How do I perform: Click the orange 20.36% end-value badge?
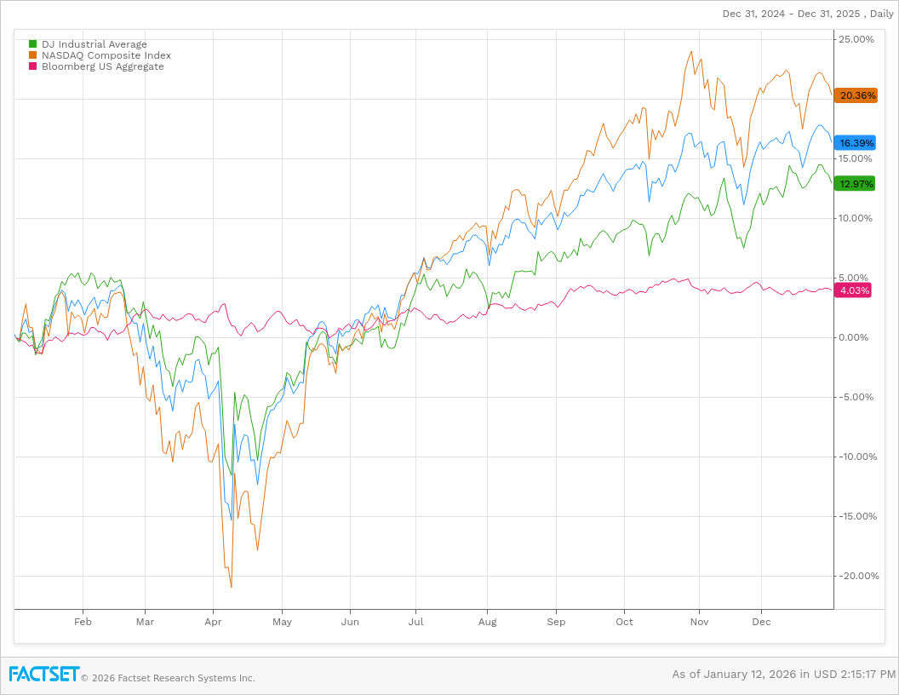point(856,95)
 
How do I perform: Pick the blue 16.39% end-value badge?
point(856,143)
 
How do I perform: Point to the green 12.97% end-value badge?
point(856,184)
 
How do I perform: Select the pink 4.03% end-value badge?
point(854,290)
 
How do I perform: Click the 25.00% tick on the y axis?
point(856,39)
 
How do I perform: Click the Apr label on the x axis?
point(213,622)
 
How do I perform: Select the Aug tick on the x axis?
point(487,622)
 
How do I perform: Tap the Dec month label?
point(761,622)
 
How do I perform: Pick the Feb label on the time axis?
point(83,622)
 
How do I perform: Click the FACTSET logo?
point(44,674)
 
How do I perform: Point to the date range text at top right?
point(807,14)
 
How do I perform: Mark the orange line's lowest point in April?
point(231,587)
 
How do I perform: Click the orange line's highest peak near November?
point(691,52)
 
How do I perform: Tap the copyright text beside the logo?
point(168,678)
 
